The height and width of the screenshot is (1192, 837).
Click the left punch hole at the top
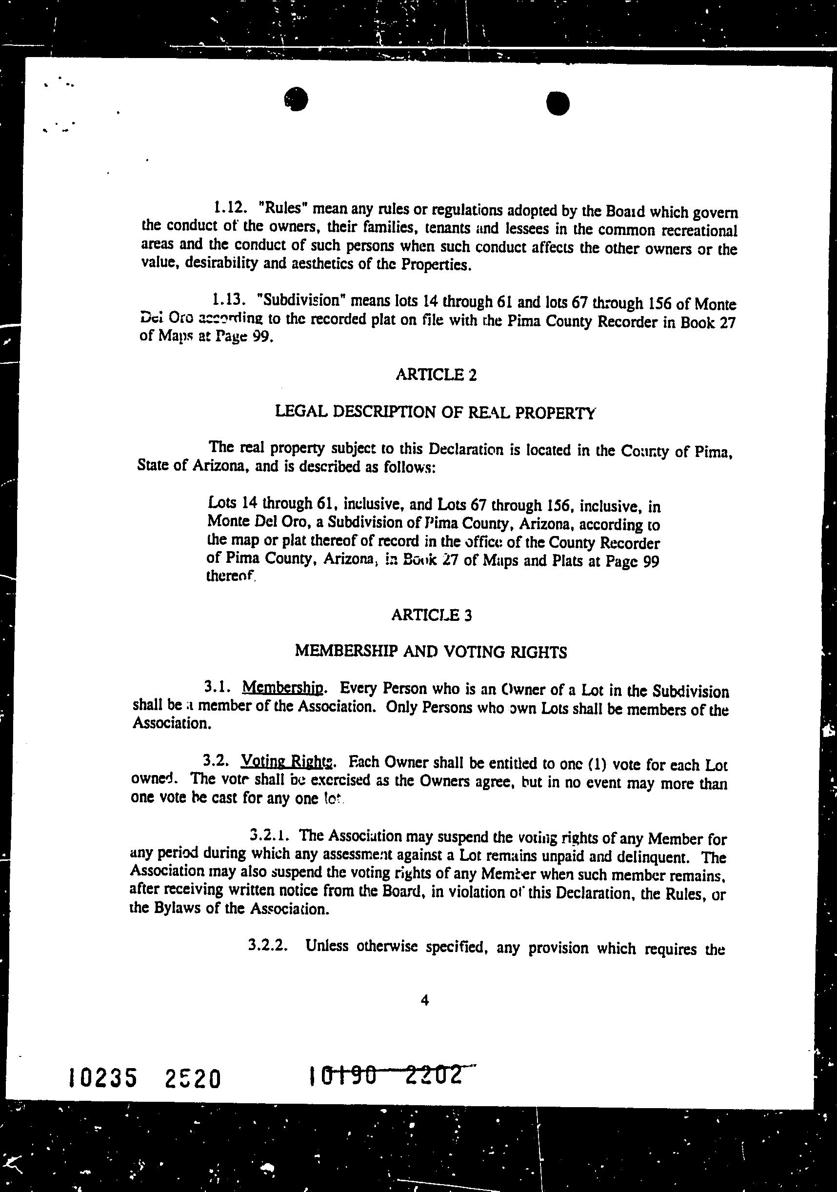(297, 99)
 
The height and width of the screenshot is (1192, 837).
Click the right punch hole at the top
(558, 103)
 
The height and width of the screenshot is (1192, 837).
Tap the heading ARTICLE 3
(432, 615)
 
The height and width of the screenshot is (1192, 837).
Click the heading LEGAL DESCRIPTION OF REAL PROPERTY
(435, 412)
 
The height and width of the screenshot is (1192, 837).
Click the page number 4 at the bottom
(425, 1000)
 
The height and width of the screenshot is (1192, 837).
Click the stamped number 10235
(103, 1078)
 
